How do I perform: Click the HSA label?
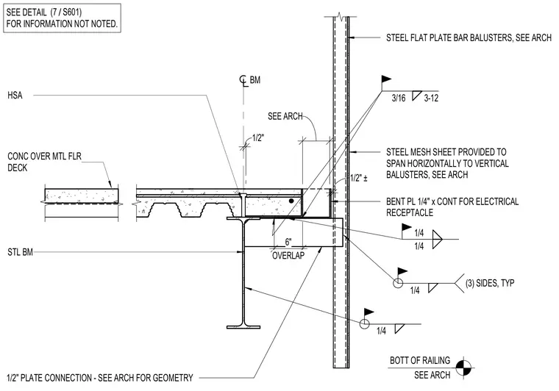[15, 95]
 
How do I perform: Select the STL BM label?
[20, 252]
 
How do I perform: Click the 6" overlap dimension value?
[288, 242]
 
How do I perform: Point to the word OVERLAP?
[288, 255]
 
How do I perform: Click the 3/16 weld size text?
[399, 98]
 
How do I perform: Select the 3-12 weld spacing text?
[431, 98]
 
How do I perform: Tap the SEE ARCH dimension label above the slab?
[285, 116]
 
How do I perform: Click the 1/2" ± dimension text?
[359, 178]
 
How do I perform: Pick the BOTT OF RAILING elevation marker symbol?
[463, 367]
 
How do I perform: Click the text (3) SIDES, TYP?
[490, 283]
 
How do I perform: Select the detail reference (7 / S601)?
[66, 12]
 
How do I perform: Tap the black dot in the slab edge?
[291, 201]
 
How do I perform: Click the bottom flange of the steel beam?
[243, 326]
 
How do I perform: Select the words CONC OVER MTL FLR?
[45, 156]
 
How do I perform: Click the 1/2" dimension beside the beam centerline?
[258, 138]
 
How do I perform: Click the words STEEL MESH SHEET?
[421, 152]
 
